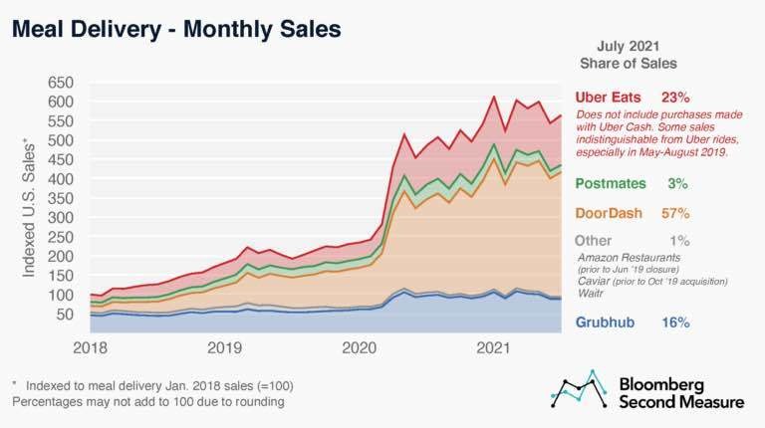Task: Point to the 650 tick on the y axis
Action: click(61, 82)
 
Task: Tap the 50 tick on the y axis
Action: click(65, 315)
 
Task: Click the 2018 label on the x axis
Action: click(90, 348)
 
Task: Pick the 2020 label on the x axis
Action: click(360, 348)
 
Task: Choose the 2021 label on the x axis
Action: click(495, 348)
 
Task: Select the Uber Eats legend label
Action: click(609, 98)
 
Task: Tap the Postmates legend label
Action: click(611, 184)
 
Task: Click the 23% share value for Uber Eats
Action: click(675, 98)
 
